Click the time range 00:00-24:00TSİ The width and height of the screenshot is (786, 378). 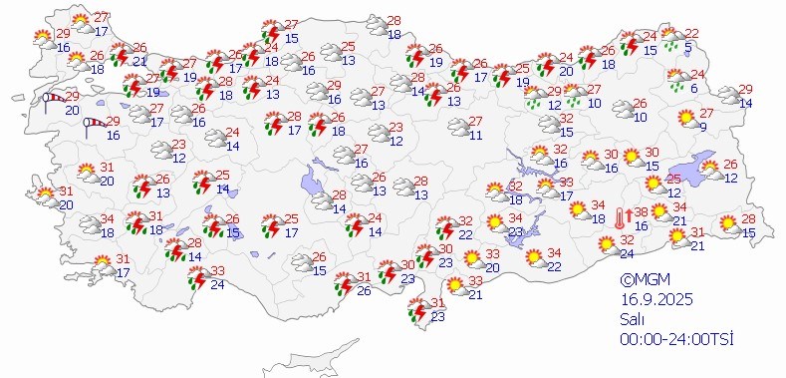(674, 340)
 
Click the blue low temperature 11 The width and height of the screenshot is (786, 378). (475, 135)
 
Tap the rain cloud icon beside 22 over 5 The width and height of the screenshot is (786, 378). (675, 37)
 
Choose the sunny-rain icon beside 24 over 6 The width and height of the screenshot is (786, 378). (677, 79)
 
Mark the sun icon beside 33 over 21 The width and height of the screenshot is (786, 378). (455, 286)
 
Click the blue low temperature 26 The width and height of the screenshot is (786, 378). (364, 290)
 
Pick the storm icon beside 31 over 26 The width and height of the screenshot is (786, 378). (342, 282)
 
